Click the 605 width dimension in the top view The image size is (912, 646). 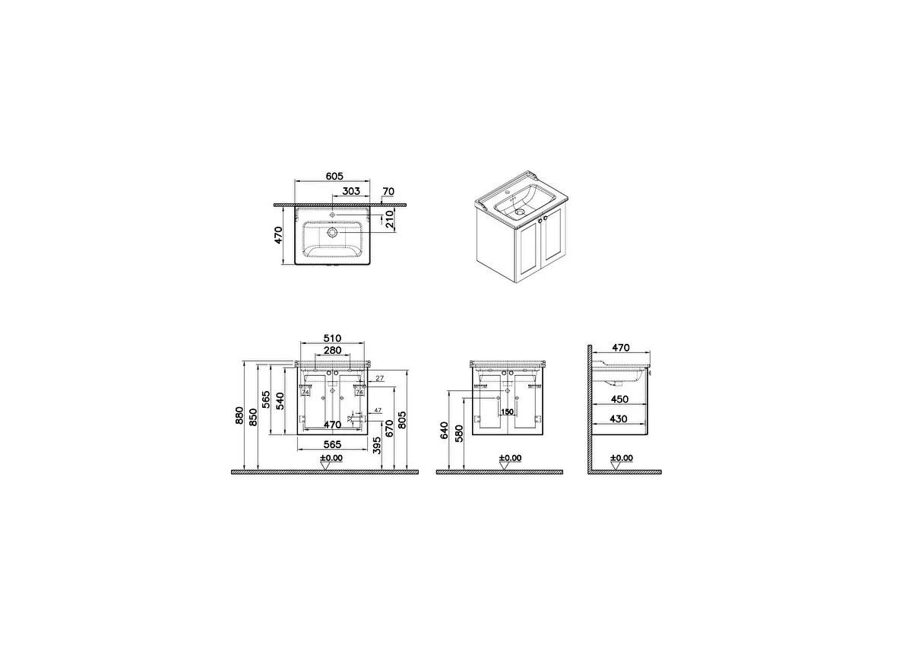coord(334,176)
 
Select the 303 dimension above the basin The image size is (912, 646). coord(350,191)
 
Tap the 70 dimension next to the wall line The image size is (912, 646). coord(388,191)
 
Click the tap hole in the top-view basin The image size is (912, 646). coord(333,212)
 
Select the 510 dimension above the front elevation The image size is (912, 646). coord(332,339)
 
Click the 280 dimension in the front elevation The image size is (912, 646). coord(332,351)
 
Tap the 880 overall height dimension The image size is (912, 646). coord(239,415)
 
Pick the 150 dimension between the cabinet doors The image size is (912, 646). coord(507,412)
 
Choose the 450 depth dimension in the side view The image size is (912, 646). coord(620,399)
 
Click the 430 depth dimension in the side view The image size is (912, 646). coord(620,418)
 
